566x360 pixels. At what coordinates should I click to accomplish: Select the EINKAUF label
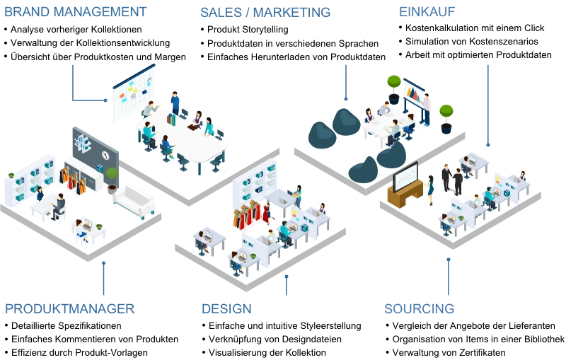coord(427,11)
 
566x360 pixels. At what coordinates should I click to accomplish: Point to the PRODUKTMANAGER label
coord(70,308)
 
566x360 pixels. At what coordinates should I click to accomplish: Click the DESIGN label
coord(226,308)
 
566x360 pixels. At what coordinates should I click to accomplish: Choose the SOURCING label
coord(419,308)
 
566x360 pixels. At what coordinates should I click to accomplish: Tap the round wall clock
coord(105,155)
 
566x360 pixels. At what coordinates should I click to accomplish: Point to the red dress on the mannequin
coord(266,212)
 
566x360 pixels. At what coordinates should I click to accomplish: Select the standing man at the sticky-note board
coord(175,103)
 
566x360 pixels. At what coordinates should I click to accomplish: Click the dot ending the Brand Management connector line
coord(105,100)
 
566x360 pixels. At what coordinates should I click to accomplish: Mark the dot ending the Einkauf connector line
coord(488,145)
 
